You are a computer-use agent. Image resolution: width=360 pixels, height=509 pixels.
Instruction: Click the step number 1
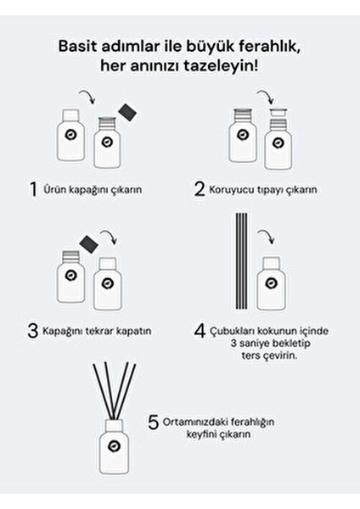coord(31,189)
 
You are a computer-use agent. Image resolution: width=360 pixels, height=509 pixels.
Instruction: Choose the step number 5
coord(154,422)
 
